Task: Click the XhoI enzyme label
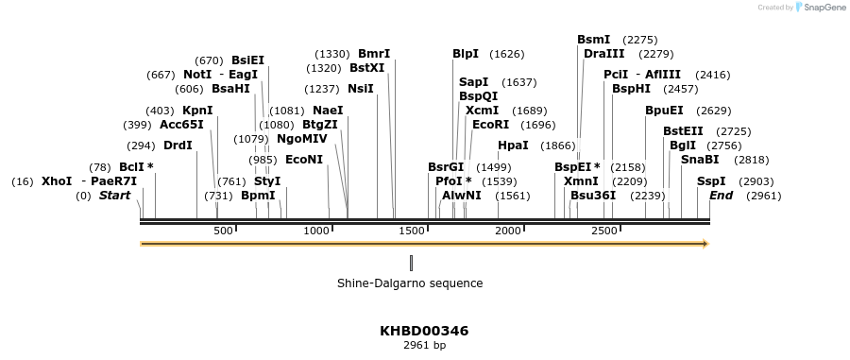(x=57, y=181)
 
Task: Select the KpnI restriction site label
(x=197, y=111)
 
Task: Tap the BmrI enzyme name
(x=374, y=54)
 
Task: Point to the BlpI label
(x=466, y=54)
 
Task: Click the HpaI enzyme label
(x=513, y=146)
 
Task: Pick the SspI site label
(x=711, y=181)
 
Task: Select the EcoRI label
(x=490, y=125)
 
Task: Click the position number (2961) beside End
(x=763, y=196)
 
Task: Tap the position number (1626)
(x=507, y=54)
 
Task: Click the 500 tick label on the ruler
(x=224, y=231)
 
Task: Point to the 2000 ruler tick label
(x=509, y=231)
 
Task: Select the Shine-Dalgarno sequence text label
(x=410, y=283)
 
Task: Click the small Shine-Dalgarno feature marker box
(x=412, y=262)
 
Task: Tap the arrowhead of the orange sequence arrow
(x=705, y=244)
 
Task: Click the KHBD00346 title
(x=424, y=331)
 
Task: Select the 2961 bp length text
(x=424, y=346)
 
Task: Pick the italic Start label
(x=114, y=196)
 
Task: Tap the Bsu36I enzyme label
(x=593, y=196)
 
